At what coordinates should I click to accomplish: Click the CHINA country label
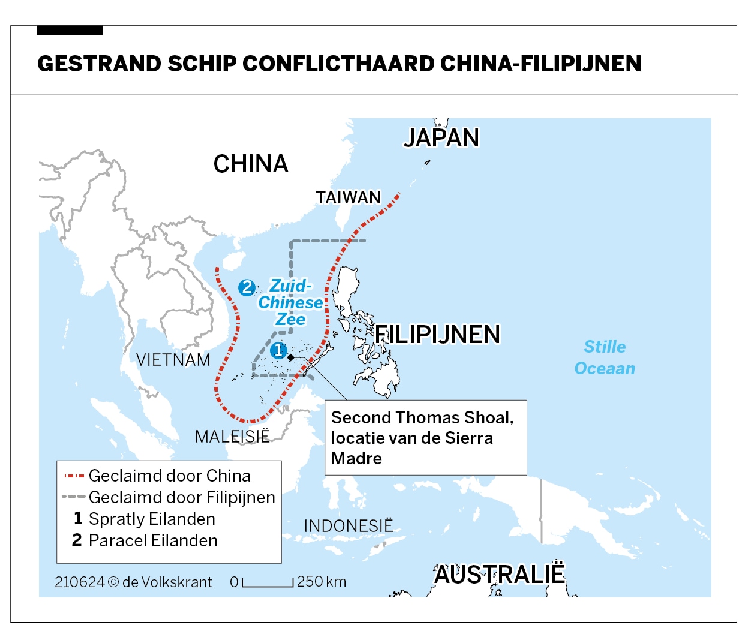coord(251,164)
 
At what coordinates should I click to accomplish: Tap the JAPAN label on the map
coord(441,138)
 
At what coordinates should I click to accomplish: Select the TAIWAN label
coord(348,197)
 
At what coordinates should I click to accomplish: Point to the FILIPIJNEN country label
coord(437,335)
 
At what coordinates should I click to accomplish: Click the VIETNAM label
coord(173,360)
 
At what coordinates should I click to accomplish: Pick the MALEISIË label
coord(232,437)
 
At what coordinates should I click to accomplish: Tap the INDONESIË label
coord(348,526)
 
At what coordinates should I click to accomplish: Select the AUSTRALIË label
coord(499,575)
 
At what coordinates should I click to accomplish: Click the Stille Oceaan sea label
coord(605,357)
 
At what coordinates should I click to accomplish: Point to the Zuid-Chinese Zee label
coord(290,302)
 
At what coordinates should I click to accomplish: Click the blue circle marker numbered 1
coord(278,350)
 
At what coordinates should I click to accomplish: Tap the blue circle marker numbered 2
coord(247,287)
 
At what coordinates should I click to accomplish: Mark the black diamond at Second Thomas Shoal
coord(291,357)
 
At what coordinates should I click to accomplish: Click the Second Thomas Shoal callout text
coord(422,437)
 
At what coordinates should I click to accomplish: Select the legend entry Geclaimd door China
coord(169,476)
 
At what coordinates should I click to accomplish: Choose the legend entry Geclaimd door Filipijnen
coord(181,497)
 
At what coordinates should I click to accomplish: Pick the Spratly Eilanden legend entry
coord(151,519)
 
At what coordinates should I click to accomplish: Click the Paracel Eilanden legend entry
coord(152,540)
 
